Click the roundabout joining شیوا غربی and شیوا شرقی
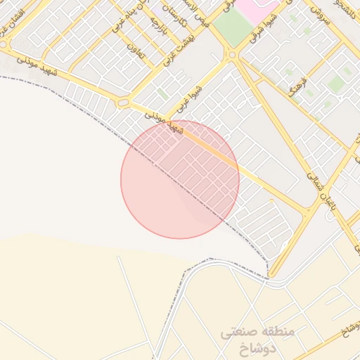coord(232,54)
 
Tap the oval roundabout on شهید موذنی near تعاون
coord(123,103)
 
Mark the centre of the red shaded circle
coord(180,179)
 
